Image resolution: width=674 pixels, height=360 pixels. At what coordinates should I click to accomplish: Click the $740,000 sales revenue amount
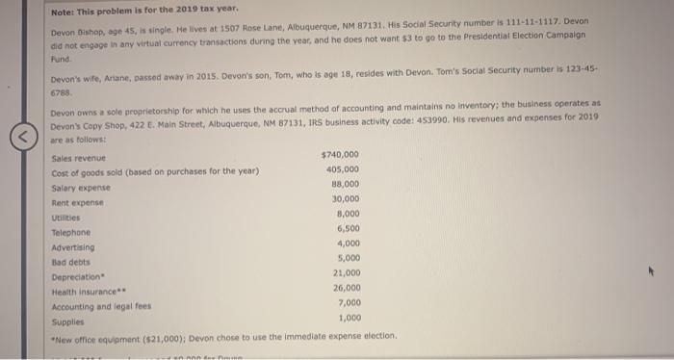(340, 155)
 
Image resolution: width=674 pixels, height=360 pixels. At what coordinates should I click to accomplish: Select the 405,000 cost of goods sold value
(343, 169)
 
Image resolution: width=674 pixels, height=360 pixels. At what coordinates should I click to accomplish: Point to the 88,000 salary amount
(345, 184)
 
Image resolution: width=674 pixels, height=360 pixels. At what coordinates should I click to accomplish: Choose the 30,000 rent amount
(345, 199)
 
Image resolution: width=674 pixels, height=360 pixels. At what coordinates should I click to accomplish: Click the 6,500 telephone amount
(348, 228)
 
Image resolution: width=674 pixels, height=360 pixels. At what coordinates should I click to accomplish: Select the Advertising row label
(73, 247)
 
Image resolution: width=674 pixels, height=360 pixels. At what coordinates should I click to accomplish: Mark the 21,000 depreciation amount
(346, 272)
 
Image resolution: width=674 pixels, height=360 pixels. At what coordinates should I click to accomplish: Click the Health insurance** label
(85, 291)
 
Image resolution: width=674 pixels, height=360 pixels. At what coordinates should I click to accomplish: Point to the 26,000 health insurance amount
(346, 287)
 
